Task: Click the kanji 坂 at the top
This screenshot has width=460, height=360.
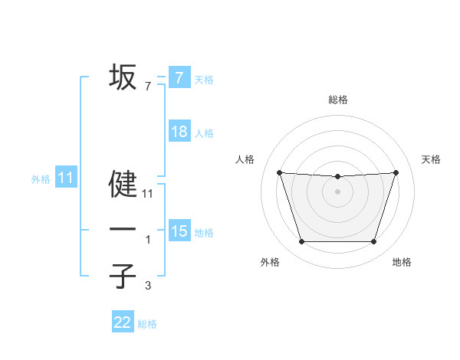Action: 123,77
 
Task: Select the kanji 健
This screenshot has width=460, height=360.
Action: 123,185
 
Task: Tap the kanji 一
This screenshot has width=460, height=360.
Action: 123,230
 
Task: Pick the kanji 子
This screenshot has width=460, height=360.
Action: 123,276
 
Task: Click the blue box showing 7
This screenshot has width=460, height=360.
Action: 179,77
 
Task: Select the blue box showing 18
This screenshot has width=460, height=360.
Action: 179,132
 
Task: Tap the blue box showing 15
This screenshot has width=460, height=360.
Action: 179,231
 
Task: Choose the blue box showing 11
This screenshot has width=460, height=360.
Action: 65,178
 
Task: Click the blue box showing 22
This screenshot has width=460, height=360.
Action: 123,322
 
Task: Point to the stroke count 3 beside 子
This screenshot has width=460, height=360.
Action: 148,286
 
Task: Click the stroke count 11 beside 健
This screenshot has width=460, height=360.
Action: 148,195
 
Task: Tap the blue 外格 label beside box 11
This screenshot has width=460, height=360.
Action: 41,179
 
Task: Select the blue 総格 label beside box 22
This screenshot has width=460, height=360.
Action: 147,324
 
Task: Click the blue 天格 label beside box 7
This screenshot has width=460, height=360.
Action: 204,79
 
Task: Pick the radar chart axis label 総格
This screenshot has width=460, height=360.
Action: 337,100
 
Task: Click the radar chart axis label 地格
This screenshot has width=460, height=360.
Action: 402,263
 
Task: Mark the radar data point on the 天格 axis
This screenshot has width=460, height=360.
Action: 396,172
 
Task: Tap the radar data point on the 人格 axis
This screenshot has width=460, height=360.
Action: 279,172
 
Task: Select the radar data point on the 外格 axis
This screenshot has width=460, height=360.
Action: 301,242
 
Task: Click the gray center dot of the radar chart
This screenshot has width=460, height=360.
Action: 337,191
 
